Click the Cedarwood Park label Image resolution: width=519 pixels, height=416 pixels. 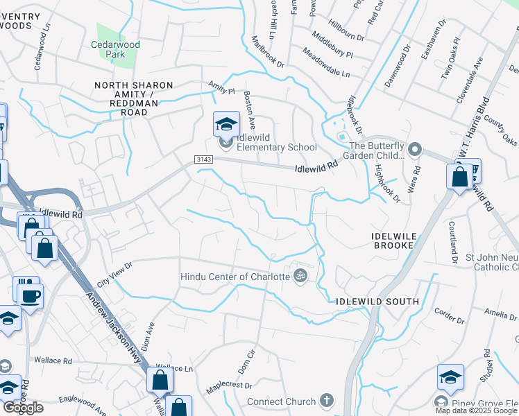[x=115, y=50]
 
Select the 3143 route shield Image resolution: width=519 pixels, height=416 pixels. [x=203, y=159]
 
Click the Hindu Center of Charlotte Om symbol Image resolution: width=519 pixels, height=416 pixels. [x=300, y=277]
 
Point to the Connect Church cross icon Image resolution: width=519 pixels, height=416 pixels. [x=327, y=401]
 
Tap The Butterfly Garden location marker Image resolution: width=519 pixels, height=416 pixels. [x=414, y=149]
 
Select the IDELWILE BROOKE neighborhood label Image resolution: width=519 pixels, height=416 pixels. [x=395, y=241]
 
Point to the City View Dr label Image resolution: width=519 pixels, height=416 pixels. [x=114, y=275]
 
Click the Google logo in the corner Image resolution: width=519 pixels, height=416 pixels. [x=23, y=408]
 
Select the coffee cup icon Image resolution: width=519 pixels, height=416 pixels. [x=30, y=296]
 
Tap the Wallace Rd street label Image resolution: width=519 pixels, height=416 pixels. [x=52, y=361]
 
